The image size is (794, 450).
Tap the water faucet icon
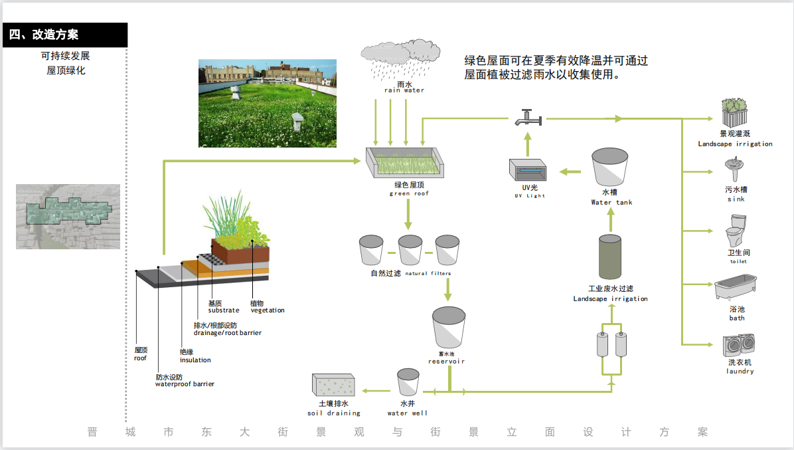pos(528,118)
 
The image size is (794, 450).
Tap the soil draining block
pos(335,386)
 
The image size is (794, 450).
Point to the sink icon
pos(735,169)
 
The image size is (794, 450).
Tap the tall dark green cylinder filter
pos(610,257)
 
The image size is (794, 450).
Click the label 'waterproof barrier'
pos(185,384)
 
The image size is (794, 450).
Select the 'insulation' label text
pos(195,360)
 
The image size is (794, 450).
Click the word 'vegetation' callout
pos(268,310)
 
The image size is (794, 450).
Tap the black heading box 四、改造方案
pos(64,35)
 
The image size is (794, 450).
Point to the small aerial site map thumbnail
pos(68,217)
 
